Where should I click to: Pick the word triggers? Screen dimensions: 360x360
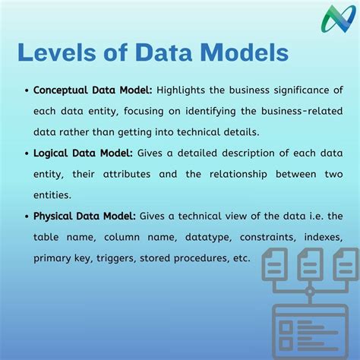click(137, 258)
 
